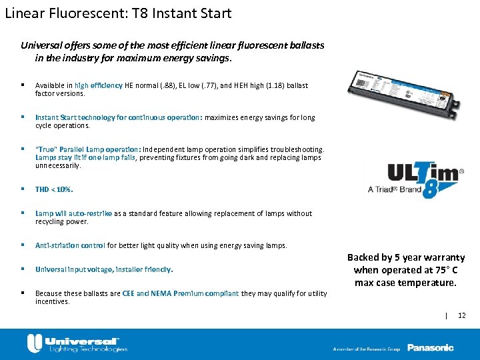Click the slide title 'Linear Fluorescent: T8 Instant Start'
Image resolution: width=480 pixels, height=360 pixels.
click(x=118, y=13)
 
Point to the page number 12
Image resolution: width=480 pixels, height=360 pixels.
click(x=462, y=315)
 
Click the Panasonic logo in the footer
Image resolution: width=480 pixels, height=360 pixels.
click(x=430, y=347)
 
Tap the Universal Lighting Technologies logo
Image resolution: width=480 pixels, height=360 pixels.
click(x=77, y=343)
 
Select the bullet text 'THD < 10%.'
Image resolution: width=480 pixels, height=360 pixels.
click(x=54, y=189)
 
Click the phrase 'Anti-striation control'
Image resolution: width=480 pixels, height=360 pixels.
click(x=70, y=245)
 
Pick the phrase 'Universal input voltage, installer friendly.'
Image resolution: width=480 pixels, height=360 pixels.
click(x=104, y=269)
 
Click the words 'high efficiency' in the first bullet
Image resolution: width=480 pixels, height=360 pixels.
click(x=99, y=85)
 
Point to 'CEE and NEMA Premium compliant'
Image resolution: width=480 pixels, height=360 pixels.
click(x=181, y=293)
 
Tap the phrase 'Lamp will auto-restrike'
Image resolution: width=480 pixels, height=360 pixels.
click(x=73, y=213)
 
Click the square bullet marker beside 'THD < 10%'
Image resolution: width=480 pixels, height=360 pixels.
click(x=23, y=189)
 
